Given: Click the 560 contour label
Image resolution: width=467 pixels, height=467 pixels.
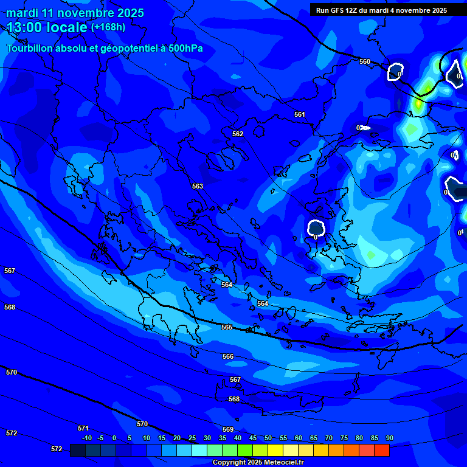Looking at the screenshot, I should click(x=365, y=61).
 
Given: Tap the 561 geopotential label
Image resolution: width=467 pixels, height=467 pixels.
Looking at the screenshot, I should click(x=300, y=114).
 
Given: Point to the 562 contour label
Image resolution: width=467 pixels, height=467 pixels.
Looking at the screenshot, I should click(x=238, y=134).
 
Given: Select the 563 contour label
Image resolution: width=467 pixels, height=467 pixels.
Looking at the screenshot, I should click(x=198, y=186).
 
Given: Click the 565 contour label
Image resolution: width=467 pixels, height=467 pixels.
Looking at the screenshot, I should click(x=227, y=327).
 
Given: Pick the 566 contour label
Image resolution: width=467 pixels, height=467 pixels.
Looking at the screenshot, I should click(x=228, y=356).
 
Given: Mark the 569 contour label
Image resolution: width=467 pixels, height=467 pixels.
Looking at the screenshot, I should click(x=228, y=429).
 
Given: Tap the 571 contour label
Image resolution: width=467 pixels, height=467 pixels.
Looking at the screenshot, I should click(x=83, y=428).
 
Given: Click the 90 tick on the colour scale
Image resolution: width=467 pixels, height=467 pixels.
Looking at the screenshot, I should click(x=389, y=438).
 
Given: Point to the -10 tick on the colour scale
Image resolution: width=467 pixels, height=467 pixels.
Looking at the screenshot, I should click(x=86, y=438).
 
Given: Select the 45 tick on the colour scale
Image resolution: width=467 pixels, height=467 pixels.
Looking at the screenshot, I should click(x=253, y=438).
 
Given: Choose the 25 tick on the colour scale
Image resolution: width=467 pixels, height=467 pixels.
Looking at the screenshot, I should click(x=192, y=438).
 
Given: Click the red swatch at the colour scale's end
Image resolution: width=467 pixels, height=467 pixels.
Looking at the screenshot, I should click(x=382, y=450).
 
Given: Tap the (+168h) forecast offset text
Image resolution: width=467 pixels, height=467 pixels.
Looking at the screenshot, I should click(x=108, y=27).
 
